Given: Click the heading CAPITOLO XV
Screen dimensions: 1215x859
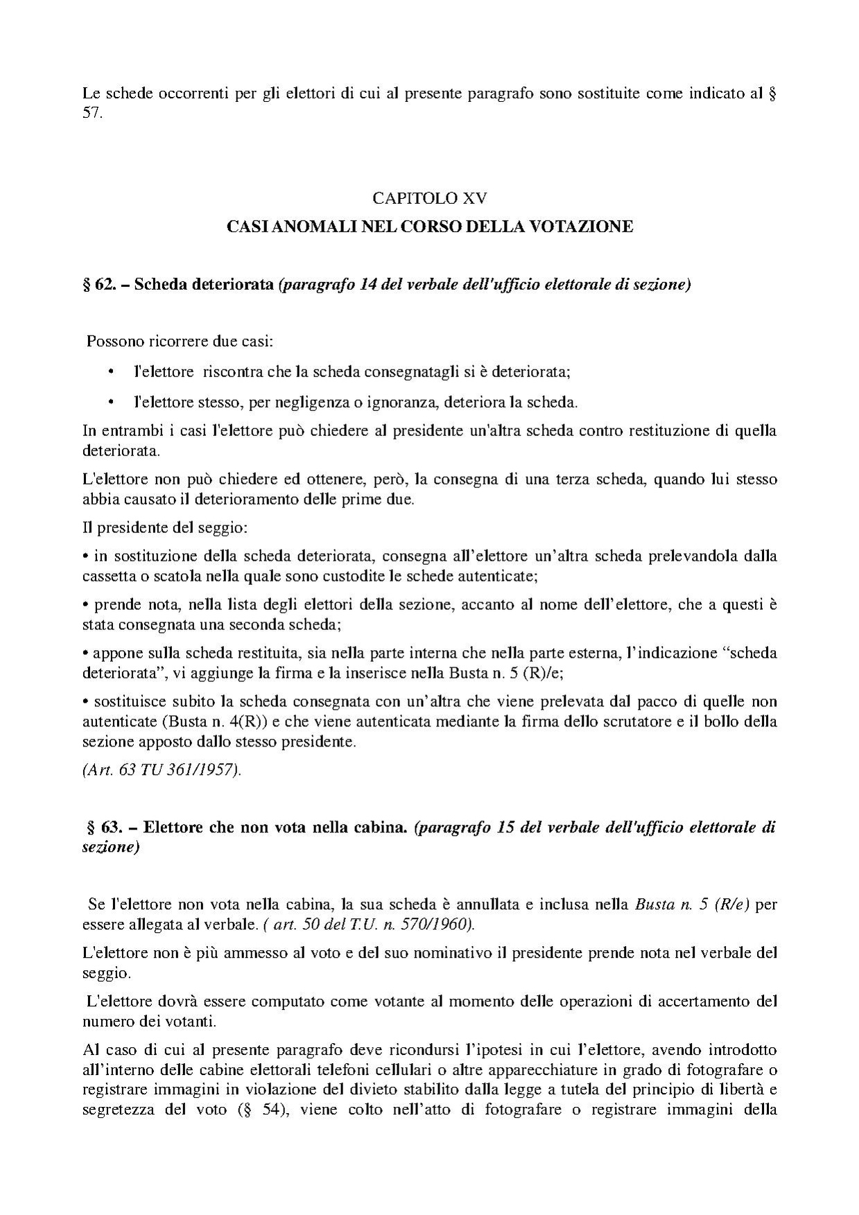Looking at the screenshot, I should (429, 198).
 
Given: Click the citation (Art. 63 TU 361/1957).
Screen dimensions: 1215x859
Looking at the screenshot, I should (162, 771).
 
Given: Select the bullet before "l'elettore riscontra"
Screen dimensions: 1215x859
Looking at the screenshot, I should (110, 372).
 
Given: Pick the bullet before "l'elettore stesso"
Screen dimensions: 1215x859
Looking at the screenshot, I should (110, 402).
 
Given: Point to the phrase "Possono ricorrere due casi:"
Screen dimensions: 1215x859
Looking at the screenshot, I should (179, 342).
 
